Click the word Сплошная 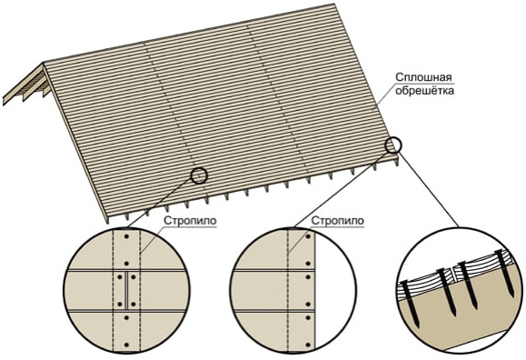423,77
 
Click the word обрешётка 424,91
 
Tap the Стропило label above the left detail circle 190,221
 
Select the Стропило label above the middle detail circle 337,221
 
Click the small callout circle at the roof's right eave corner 392,145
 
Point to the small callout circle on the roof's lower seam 199,175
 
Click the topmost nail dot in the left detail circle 126,236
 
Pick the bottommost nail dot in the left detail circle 126,345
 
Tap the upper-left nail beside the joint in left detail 120,277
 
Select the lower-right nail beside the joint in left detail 134,305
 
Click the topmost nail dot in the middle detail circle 308,236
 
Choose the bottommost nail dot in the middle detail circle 308,345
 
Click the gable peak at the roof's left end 44,63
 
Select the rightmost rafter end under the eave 398,162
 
